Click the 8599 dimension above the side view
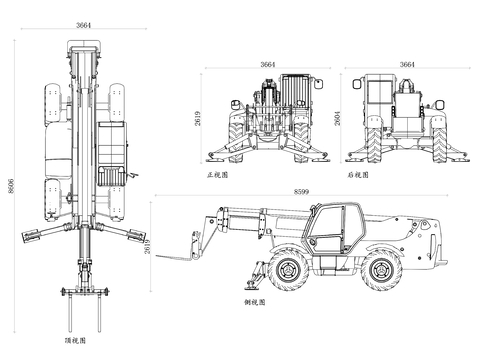(x=301, y=192)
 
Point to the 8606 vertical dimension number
(x=11, y=186)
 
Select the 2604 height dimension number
(x=338, y=118)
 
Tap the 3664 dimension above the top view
(x=83, y=25)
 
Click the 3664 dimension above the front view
(x=268, y=64)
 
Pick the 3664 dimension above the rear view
(x=407, y=64)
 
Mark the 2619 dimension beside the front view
(x=198, y=118)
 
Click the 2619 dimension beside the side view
(x=147, y=247)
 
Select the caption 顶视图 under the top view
(x=75, y=340)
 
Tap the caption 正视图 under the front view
(x=217, y=175)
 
